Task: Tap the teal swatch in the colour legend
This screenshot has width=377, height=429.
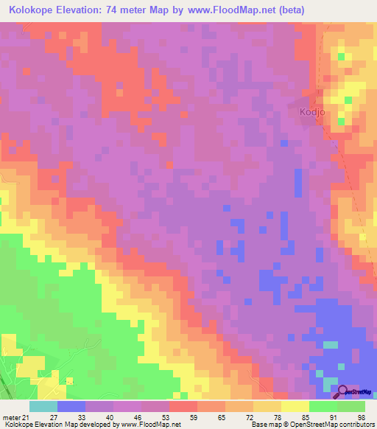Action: point(43,407)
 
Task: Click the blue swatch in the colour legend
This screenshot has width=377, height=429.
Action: point(71,407)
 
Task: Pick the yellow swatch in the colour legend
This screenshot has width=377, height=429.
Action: point(295,407)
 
